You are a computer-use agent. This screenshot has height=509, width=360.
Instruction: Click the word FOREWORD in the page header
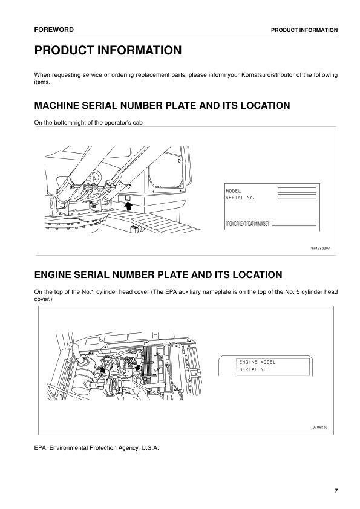(x=54, y=29)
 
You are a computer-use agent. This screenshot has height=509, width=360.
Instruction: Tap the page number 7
(x=336, y=490)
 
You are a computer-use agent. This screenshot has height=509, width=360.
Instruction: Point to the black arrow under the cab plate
(x=128, y=207)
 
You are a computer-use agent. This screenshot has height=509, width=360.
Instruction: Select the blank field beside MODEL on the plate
(x=296, y=190)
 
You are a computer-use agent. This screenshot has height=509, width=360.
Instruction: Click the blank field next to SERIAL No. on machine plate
(x=296, y=197)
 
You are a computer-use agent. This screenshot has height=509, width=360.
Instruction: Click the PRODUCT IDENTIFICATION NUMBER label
(x=247, y=224)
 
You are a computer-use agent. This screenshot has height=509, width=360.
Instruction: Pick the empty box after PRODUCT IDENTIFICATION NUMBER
(x=293, y=224)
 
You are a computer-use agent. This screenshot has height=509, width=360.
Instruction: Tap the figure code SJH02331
(x=320, y=427)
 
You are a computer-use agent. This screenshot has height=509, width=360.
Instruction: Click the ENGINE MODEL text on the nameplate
(x=257, y=362)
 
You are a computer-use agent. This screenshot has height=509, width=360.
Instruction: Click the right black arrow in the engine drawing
(x=139, y=366)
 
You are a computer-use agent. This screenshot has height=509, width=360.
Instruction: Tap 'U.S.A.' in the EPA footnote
(x=149, y=447)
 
